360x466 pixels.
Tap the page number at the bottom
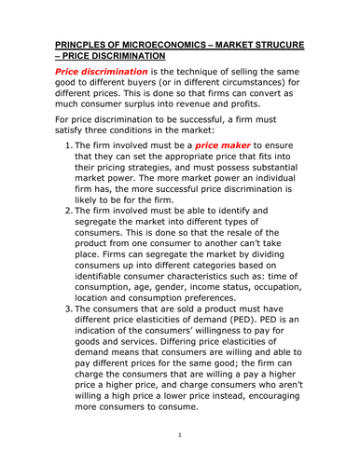point(179,435)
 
